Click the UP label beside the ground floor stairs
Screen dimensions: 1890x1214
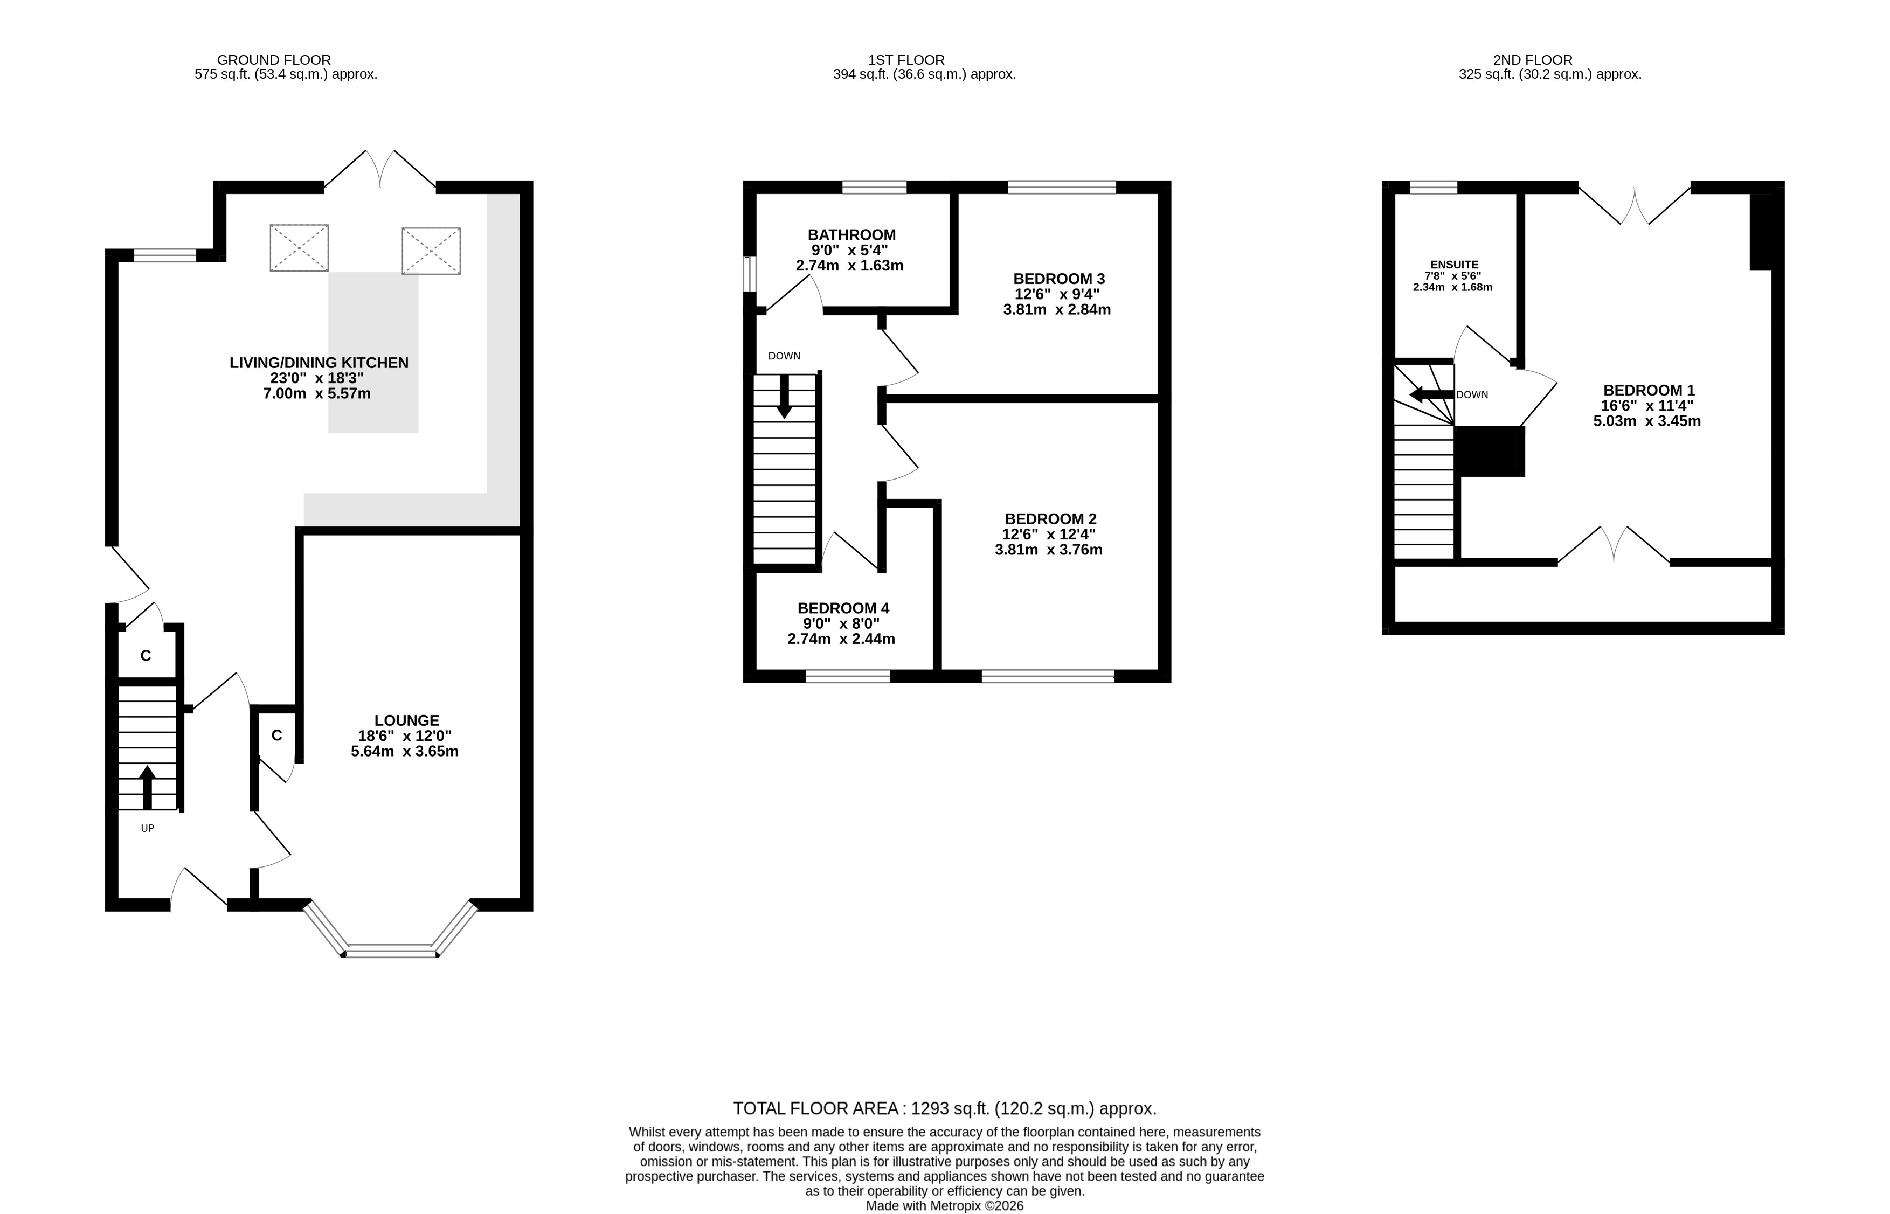148,829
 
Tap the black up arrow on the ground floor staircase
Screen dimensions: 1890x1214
147,787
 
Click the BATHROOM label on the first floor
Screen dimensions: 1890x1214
851,235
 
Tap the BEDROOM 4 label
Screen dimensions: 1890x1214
843,608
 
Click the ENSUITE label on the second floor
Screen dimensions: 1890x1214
1455,265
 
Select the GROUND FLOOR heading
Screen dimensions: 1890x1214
274,60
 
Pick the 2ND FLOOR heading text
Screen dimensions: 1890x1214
1533,60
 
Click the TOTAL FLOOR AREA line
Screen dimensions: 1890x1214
945,1109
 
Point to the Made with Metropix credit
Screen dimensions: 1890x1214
945,1206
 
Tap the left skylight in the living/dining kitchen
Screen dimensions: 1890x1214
299,247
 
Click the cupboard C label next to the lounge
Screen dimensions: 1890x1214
277,736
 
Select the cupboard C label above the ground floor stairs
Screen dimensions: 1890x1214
146,656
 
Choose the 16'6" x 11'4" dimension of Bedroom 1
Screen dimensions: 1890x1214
1646,406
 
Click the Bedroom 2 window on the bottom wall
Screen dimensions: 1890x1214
1048,676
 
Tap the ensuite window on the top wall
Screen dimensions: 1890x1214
1434,188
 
